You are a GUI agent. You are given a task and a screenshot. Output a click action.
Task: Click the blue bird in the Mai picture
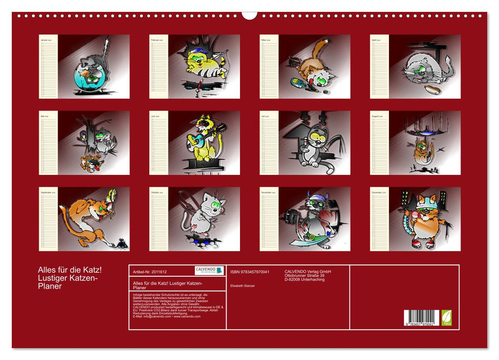[83, 136]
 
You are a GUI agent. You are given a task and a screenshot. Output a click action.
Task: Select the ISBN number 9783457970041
[250, 272]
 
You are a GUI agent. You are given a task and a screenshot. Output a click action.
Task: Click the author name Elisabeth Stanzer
[243, 285]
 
